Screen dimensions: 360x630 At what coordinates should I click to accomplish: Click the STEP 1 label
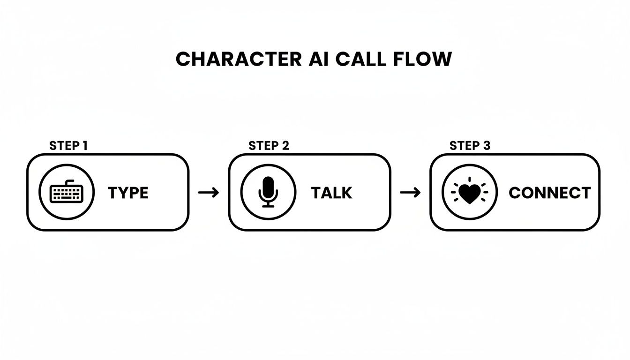point(68,146)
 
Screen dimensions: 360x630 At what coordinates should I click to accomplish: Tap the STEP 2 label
point(269,146)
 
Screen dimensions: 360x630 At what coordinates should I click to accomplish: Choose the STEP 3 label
point(470,146)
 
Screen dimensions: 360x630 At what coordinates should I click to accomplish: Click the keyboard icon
point(67,192)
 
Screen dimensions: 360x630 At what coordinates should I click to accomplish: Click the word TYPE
point(128,193)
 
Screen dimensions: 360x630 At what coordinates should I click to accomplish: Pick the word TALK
point(331,193)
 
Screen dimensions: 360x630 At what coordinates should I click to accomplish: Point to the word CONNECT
point(549,193)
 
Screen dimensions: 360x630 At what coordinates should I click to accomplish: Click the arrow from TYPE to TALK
point(209,193)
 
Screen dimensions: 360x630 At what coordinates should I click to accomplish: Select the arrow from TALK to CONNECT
point(410,193)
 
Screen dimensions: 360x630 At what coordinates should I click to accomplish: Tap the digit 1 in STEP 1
point(85,146)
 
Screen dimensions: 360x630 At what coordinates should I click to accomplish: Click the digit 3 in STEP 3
point(487,146)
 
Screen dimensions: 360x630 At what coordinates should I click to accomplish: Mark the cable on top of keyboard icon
point(70,182)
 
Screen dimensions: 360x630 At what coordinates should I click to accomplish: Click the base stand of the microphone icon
point(268,205)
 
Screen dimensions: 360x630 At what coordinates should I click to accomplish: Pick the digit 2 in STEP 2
point(285,146)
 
